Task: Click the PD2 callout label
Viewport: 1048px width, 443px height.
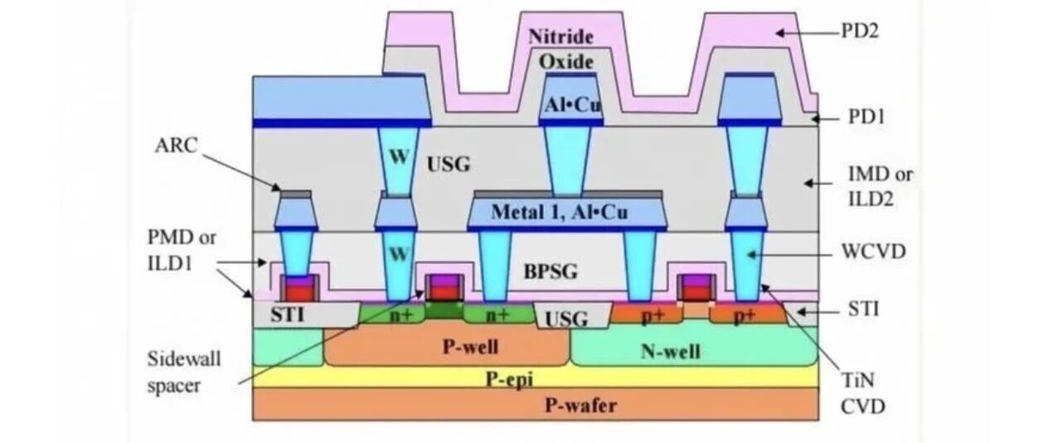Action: pyautogui.click(x=860, y=31)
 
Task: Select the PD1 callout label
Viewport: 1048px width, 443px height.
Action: pyautogui.click(x=867, y=117)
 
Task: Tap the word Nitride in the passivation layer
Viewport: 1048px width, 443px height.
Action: pyautogui.click(x=561, y=37)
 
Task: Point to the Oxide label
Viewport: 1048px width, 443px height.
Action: pyautogui.click(x=566, y=62)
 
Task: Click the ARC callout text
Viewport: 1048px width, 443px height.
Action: pyautogui.click(x=177, y=146)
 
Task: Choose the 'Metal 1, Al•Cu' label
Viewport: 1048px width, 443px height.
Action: pyautogui.click(x=559, y=212)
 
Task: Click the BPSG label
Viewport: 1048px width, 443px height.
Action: pyautogui.click(x=551, y=271)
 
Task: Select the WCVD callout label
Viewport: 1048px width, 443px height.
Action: pyautogui.click(x=874, y=252)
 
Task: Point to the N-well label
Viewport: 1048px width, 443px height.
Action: pyautogui.click(x=671, y=351)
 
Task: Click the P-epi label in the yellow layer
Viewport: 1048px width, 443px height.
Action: pyautogui.click(x=509, y=379)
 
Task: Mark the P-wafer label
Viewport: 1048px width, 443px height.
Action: pyautogui.click(x=580, y=405)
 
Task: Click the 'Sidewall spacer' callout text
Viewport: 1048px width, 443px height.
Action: pyautogui.click(x=184, y=372)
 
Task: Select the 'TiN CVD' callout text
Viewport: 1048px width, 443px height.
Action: pyautogui.click(x=863, y=393)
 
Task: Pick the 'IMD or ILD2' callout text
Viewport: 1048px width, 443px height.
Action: pyautogui.click(x=880, y=187)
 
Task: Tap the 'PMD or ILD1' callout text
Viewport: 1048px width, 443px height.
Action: pyautogui.click(x=182, y=251)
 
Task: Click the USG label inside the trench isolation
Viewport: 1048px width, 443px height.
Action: pyautogui.click(x=566, y=319)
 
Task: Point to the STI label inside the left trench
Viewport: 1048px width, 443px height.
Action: pyautogui.click(x=287, y=314)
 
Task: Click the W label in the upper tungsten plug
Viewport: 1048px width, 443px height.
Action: pyautogui.click(x=398, y=157)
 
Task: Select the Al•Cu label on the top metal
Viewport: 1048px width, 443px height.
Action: pyautogui.click(x=572, y=105)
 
